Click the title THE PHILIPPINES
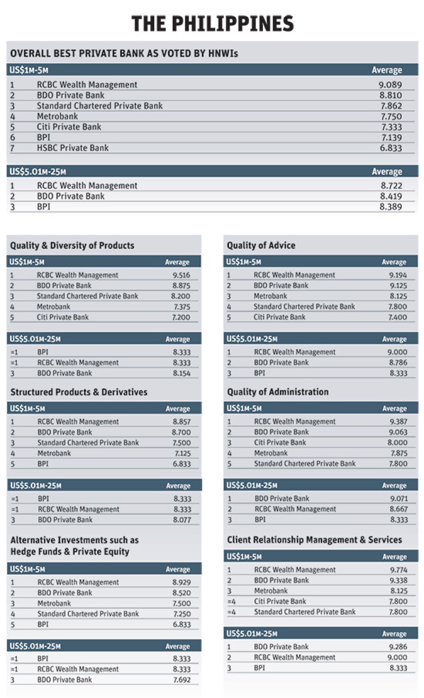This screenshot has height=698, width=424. point(212,24)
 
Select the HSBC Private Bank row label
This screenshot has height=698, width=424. point(73,148)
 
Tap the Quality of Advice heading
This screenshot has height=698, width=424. point(261,245)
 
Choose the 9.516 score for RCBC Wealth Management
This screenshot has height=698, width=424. point(181,275)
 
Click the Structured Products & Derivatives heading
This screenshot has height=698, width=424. point(78,392)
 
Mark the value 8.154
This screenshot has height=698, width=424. point(181,373)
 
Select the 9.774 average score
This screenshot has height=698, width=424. point(397,570)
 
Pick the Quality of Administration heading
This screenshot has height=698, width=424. point(278,392)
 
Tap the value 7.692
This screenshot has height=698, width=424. point(181,680)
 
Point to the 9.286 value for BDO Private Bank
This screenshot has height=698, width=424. point(397,647)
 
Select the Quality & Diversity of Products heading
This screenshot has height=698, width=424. point(72,245)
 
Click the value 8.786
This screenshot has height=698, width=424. point(397,363)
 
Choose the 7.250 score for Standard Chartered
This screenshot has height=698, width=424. point(181,614)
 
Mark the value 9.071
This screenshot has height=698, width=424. point(397,498)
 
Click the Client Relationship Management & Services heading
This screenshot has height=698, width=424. point(314,540)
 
